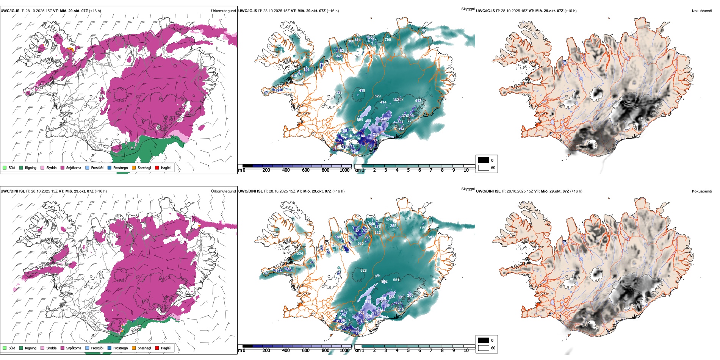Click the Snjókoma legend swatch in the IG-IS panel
point(63,167)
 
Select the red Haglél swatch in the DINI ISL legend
point(157,348)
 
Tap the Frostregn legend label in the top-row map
point(120,167)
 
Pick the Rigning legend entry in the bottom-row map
point(30,348)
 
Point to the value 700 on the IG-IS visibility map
point(388,39)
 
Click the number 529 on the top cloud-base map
point(377,96)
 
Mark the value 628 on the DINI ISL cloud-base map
point(363,271)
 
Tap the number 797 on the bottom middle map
point(423,227)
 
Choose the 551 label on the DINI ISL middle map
point(396,280)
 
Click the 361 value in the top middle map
point(423,30)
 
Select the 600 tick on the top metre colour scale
point(305,170)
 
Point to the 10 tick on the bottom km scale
point(466,351)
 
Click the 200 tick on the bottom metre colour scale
point(266,351)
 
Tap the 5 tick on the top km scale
point(408,170)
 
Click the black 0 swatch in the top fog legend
point(484,160)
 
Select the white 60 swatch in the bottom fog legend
point(484,347)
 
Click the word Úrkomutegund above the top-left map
point(223,11)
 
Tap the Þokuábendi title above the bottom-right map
point(702,191)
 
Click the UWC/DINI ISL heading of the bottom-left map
point(13,191)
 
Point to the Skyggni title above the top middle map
point(468,9)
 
